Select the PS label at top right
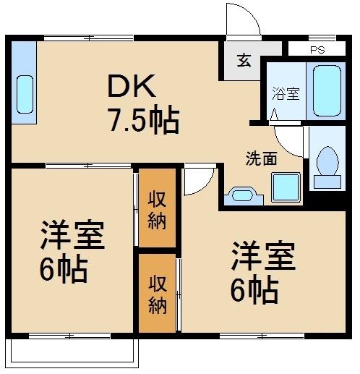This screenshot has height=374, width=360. (317, 50)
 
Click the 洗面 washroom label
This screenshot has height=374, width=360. (260, 158)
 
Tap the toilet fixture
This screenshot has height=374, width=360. (327, 165)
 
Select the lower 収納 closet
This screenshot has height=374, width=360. (157, 294)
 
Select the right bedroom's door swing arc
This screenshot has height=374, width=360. (197, 179)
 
